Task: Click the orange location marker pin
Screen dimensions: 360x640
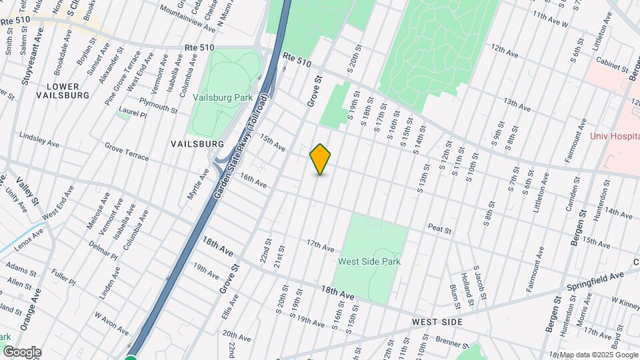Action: pos(321,159)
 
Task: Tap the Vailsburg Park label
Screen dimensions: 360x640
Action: pos(223,97)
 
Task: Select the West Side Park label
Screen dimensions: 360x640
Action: pos(369,262)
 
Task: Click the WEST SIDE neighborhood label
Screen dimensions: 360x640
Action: pos(437,322)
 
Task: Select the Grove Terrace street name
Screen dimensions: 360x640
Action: pos(127,151)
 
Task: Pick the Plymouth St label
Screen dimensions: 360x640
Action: pos(159,105)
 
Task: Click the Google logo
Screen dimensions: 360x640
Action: pos(22,352)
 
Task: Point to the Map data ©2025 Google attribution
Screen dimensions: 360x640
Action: pos(599,355)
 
